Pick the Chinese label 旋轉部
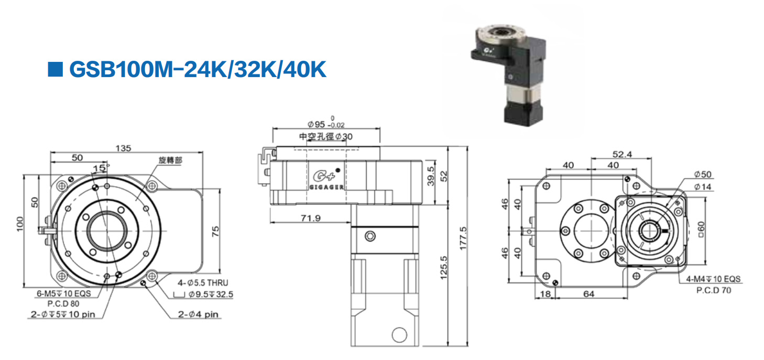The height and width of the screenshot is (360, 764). click(170, 160)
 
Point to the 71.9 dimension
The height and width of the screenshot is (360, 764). click(311, 218)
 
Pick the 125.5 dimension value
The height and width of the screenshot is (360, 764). click(444, 268)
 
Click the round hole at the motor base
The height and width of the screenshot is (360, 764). click(400, 334)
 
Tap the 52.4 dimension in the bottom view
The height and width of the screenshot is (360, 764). click(622, 154)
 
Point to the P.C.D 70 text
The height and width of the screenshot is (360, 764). click(713, 290)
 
